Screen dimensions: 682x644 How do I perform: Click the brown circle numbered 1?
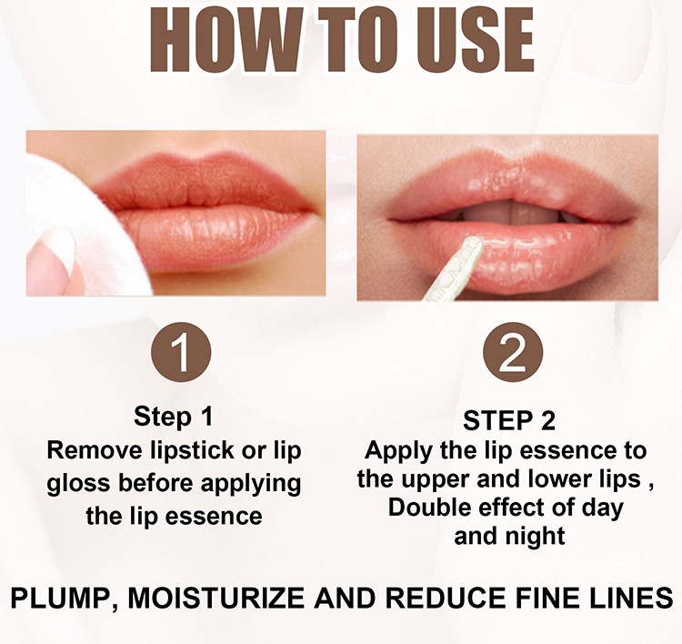click(181, 352)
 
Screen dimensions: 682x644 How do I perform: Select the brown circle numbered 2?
click(513, 352)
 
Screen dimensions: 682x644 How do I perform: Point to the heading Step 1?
click(174, 417)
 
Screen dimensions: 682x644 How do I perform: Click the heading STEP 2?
click(509, 421)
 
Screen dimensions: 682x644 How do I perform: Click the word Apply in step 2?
click(398, 451)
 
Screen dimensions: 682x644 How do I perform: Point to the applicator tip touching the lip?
click(471, 247)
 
